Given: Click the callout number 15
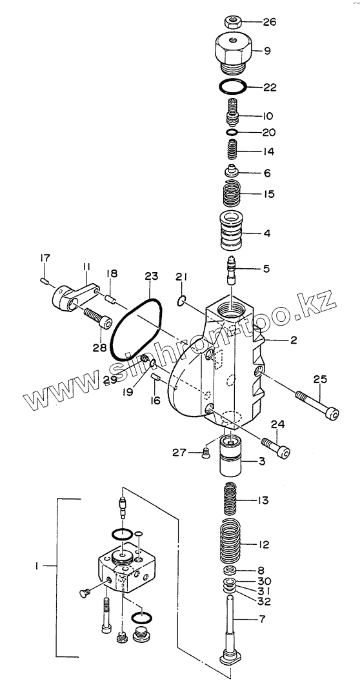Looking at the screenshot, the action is pyautogui.click(x=268, y=194).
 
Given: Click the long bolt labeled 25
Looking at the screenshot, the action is pyautogui.click(x=316, y=403).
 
